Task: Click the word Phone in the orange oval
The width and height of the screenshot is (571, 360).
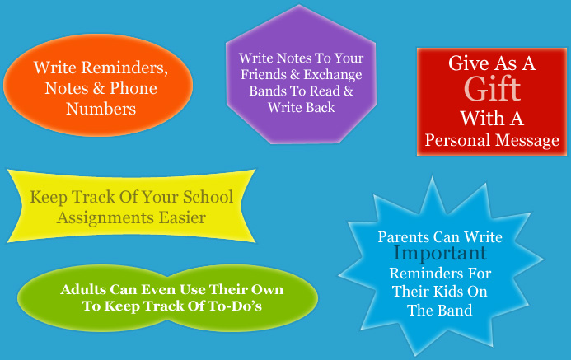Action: click(x=133, y=88)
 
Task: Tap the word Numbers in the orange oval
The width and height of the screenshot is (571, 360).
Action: click(x=101, y=109)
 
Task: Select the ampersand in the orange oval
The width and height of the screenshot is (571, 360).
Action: click(x=98, y=88)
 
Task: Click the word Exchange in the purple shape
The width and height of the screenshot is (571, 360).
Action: click(x=333, y=75)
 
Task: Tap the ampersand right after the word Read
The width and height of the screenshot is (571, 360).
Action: click(x=349, y=91)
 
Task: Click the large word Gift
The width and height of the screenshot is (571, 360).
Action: click(x=492, y=90)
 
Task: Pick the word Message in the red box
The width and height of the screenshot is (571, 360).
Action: click(x=527, y=141)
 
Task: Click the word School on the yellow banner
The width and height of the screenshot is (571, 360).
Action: click(x=208, y=197)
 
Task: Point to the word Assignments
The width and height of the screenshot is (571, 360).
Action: click(x=105, y=218)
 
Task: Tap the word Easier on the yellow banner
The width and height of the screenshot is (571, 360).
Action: click(x=182, y=217)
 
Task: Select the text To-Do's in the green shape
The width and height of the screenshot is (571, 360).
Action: click(x=235, y=306)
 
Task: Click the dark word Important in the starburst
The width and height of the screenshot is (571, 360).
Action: click(x=440, y=253)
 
